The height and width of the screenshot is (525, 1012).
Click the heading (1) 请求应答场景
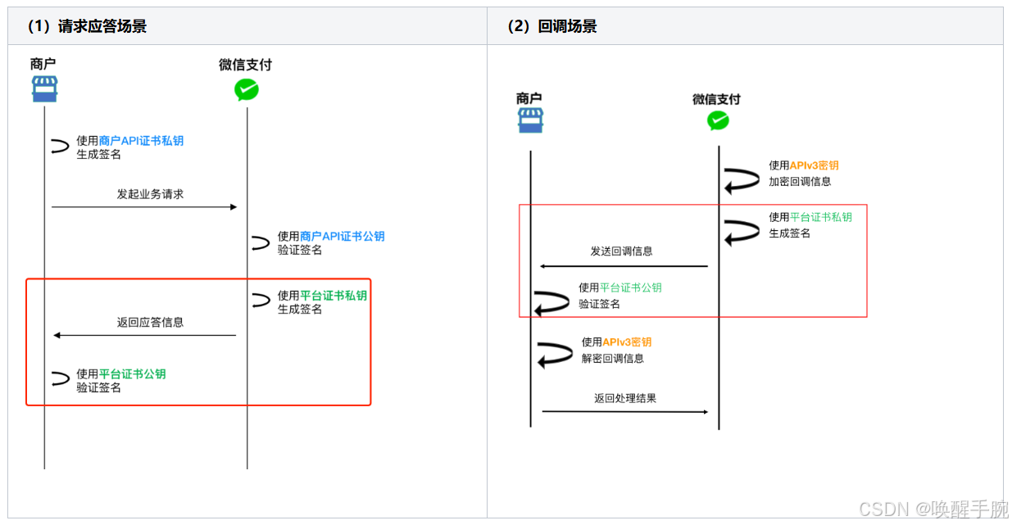click(x=87, y=26)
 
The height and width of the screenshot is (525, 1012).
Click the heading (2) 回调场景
click(x=552, y=26)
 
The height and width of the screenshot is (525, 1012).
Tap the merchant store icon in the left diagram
click(x=44, y=88)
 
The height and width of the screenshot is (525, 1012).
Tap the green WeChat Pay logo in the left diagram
click(x=246, y=89)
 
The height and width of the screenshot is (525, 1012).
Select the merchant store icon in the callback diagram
click(x=530, y=120)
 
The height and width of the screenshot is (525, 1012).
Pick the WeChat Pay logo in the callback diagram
click(x=718, y=121)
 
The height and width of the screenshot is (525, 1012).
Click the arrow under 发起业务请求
click(x=144, y=207)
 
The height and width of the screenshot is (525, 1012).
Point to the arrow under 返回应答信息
click(x=144, y=335)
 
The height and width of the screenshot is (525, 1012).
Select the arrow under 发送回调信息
click(x=623, y=266)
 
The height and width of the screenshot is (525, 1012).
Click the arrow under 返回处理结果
click(x=624, y=411)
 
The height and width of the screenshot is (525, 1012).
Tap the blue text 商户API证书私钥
click(x=141, y=141)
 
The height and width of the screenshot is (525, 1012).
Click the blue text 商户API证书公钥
click(x=343, y=237)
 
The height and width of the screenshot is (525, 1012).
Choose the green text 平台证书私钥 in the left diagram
click(x=334, y=296)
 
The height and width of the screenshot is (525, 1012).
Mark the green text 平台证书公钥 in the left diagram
click(x=133, y=374)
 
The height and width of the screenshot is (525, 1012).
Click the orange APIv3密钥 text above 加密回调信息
click(x=814, y=165)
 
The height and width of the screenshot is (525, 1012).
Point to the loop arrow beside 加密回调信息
click(x=742, y=179)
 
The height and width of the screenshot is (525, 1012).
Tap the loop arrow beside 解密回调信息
click(x=555, y=355)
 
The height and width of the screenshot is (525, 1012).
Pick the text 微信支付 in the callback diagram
click(x=716, y=99)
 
